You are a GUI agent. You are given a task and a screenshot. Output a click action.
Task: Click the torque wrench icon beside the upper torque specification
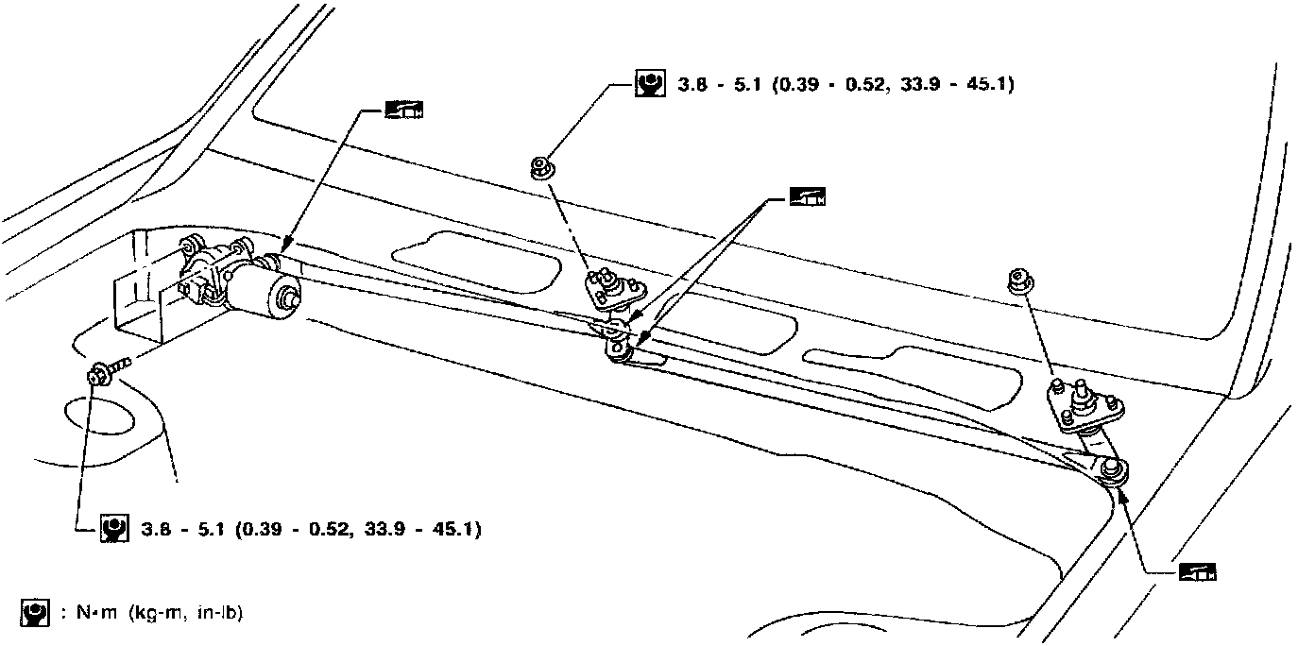649,84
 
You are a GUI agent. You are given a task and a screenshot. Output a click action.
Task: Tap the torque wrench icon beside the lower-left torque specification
114,527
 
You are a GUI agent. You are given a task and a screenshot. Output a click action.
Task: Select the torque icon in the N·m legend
34,613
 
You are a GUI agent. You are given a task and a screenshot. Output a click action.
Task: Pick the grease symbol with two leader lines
807,198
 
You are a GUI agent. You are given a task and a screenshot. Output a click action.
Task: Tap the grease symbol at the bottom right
1198,571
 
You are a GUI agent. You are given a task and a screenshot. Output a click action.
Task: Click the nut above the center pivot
544,169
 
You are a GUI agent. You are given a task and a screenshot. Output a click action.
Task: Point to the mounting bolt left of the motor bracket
102,374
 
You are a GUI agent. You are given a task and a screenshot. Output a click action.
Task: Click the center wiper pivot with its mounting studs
613,287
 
